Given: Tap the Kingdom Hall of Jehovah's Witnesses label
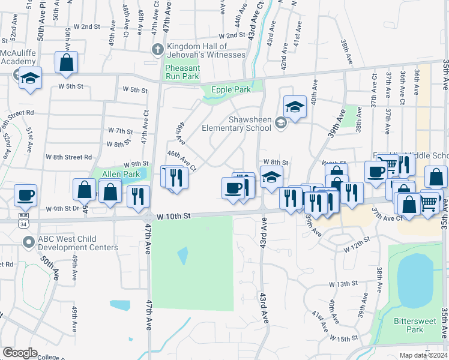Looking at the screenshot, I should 206,50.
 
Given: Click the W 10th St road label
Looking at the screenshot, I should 173,215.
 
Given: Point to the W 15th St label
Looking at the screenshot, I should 351,340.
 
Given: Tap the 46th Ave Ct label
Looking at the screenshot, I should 182,161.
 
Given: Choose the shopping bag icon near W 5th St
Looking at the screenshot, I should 66,62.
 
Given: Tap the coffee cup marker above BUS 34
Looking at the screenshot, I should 26,195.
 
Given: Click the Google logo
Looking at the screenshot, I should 20,353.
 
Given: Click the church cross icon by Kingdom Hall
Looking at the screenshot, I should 157,49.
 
